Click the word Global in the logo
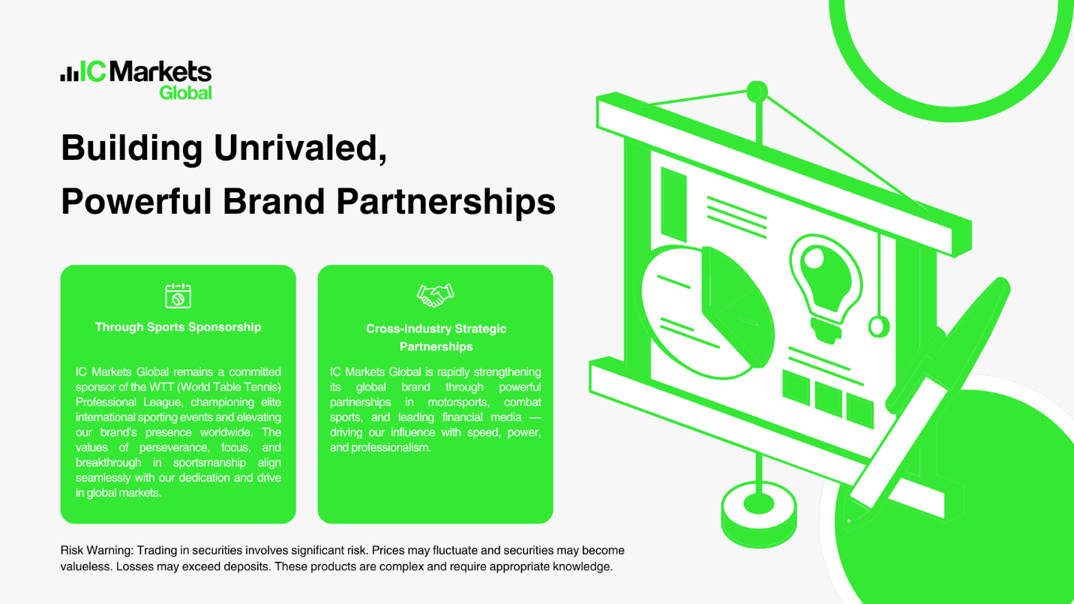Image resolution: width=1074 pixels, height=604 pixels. point(185,92)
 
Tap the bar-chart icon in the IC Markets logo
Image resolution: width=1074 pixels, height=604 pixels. point(70,73)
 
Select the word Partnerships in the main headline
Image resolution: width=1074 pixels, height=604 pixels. point(446,202)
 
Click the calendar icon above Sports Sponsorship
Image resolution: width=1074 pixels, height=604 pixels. point(178,296)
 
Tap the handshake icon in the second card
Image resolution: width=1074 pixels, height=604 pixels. point(435,295)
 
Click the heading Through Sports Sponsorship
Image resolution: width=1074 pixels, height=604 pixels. point(178,327)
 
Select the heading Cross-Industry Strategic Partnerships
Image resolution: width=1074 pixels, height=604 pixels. point(436,338)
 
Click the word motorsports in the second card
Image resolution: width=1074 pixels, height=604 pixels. point(458,402)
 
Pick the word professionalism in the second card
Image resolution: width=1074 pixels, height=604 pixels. point(390,448)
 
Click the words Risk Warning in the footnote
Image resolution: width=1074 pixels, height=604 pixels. point(97,550)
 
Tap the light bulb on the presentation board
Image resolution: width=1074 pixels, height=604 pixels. point(826,288)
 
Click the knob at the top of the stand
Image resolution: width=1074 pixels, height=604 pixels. point(757,92)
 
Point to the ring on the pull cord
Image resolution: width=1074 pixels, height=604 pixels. point(879,326)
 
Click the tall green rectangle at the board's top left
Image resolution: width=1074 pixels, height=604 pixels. point(673,203)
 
